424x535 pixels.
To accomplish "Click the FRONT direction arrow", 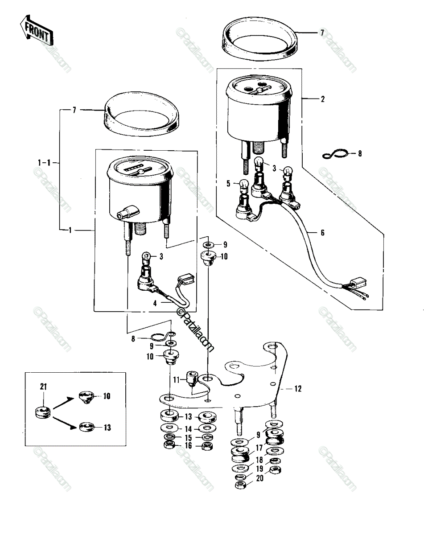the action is click(x=37, y=30).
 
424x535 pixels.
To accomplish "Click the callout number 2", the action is click(x=323, y=99).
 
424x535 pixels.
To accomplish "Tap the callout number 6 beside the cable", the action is click(x=323, y=233).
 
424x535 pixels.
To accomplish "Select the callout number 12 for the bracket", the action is click(x=298, y=389).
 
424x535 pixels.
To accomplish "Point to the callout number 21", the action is click(x=44, y=387).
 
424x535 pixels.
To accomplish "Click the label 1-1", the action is click(x=44, y=163).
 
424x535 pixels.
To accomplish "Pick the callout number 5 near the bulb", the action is click(x=229, y=184).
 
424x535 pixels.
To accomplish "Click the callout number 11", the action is click(x=176, y=380).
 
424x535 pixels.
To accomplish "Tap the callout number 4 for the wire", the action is click(x=155, y=303).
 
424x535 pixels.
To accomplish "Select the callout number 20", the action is click(x=259, y=478).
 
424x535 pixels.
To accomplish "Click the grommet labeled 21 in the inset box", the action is click(x=42, y=413).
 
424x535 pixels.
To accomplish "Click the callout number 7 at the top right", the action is click(x=322, y=33).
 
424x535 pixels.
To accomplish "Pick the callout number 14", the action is click(x=188, y=429).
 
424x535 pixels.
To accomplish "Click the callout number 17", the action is click(x=259, y=448).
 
